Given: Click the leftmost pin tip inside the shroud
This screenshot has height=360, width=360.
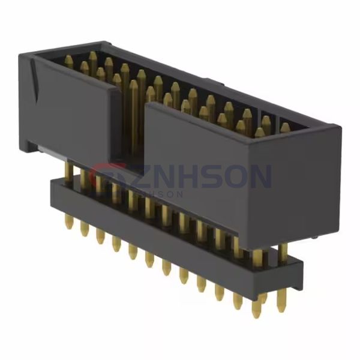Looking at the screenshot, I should coord(68,60).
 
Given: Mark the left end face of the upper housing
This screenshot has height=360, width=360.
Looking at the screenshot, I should coord(24,102).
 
